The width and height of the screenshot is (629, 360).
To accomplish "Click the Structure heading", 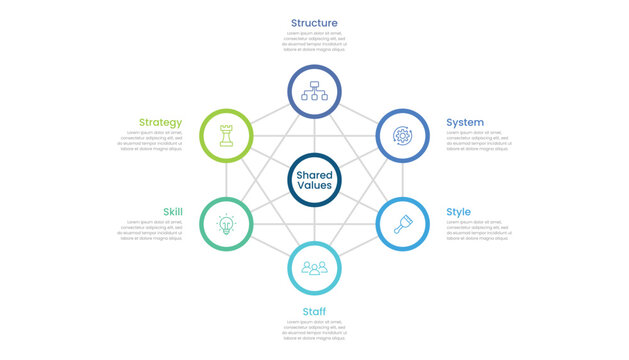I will click(x=314, y=23).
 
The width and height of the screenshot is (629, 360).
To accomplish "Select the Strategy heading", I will click(x=160, y=123).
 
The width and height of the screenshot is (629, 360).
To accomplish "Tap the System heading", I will click(x=465, y=123).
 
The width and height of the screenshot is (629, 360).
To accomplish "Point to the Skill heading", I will click(x=172, y=212).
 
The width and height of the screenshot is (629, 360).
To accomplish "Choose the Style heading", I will click(x=459, y=212).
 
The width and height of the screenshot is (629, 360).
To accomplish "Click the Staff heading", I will click(x=314, y=311).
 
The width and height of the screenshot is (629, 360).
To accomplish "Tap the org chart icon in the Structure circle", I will click(x=314, y=91).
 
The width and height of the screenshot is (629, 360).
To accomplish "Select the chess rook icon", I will click(x=227, y=135).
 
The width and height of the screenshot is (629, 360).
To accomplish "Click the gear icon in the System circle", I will click(x=402, y=135).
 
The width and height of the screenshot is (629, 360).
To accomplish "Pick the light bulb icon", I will click(x=227, y=225).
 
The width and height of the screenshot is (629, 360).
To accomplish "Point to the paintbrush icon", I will click(x=402, y=225).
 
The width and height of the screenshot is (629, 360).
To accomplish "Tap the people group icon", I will click(x=314, y=268).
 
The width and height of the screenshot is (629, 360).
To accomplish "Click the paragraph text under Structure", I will click(x=314, y=41).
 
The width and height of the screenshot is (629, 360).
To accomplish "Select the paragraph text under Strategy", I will click(x=149, y=141).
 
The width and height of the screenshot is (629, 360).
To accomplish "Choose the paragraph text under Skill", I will click(x=149, y=230).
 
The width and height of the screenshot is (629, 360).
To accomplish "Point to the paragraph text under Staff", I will click(x=314, y=330).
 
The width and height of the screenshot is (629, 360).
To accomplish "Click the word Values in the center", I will click(x=314, y=187).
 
